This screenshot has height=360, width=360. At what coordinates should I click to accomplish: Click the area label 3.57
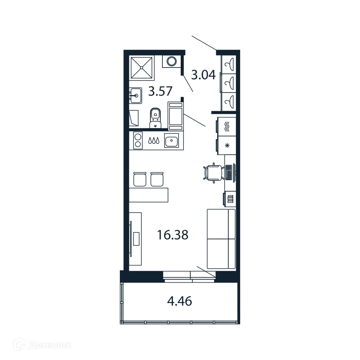coord(160,91)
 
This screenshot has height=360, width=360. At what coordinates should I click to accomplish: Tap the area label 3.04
coord(203,75)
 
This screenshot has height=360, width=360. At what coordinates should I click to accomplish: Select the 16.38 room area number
coord(173,235)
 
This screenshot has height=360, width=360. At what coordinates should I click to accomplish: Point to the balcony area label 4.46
coord(180,301)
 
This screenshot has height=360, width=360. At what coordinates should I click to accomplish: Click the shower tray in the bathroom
coord(142,67)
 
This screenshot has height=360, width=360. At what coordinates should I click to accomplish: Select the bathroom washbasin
coord(135,95)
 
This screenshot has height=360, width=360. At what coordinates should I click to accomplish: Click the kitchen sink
coord(171,141)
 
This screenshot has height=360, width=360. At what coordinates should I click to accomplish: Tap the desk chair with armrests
coord(214,173)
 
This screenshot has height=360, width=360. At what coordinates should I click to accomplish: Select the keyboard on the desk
coord(229,172)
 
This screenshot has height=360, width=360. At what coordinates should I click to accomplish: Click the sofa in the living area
coord(221,239)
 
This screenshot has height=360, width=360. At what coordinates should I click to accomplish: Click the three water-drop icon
coord(154,141)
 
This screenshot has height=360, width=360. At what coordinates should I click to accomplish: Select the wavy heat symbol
coord(227,126)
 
